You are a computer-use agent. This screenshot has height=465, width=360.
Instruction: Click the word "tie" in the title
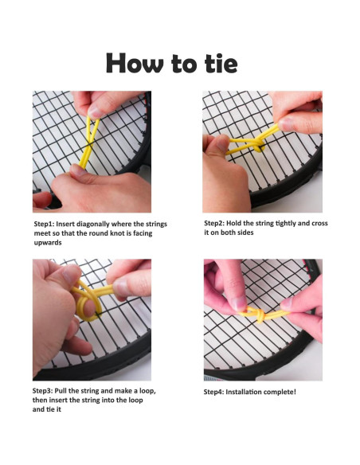point(221,63)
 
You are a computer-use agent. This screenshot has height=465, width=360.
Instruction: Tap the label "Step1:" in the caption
point(44,225)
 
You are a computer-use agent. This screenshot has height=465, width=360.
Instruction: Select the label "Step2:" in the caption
point(214,223)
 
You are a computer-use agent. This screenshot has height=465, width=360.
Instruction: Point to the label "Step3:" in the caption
point(42,391)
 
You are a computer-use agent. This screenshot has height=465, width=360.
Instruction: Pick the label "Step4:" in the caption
point(213,392)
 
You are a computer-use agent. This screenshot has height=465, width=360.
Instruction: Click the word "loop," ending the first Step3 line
point(147,391)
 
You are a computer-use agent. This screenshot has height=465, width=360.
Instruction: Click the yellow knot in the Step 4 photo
point(260,315)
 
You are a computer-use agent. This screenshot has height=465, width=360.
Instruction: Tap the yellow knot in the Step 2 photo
point(257,144)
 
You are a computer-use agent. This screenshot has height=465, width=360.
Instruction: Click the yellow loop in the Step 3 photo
point(88,307)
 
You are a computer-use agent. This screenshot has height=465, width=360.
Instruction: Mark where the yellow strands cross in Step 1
point(89,143)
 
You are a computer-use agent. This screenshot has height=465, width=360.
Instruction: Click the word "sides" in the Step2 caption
point(245,232)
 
